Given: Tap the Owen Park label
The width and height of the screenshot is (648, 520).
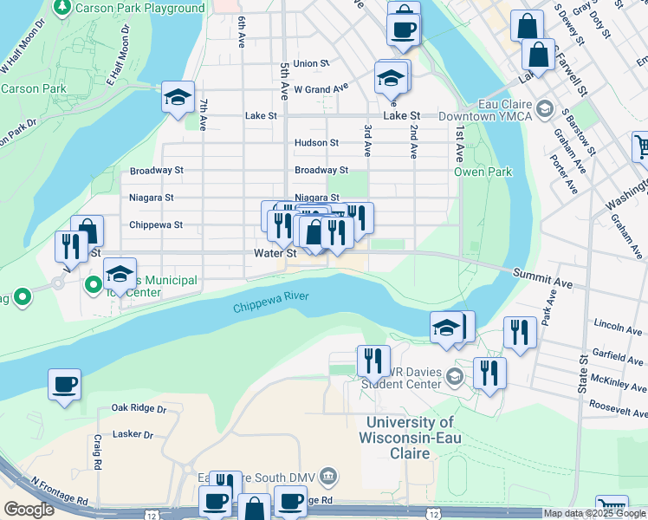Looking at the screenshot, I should tap(483, 172).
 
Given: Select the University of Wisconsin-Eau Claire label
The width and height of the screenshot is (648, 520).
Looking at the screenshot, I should tap(409, 430).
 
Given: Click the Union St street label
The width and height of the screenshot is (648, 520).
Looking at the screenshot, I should tap(311, 63).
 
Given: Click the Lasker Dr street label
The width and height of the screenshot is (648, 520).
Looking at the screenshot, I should tap(133, 434).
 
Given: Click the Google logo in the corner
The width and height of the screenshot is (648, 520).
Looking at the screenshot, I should tap(28, 510).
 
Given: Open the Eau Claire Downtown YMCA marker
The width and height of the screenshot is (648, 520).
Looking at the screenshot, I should tap(545, 108).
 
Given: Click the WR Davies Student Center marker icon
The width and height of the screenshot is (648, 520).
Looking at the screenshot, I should tap(457, 375).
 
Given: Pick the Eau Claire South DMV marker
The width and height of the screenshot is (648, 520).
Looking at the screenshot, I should tap(327, 475).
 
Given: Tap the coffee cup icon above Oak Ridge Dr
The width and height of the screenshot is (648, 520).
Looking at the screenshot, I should tap(64, 383).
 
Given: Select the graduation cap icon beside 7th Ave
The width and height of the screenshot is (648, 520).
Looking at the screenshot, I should tap(178, 97).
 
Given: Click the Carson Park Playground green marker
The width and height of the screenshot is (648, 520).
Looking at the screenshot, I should tap(62, 8).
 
